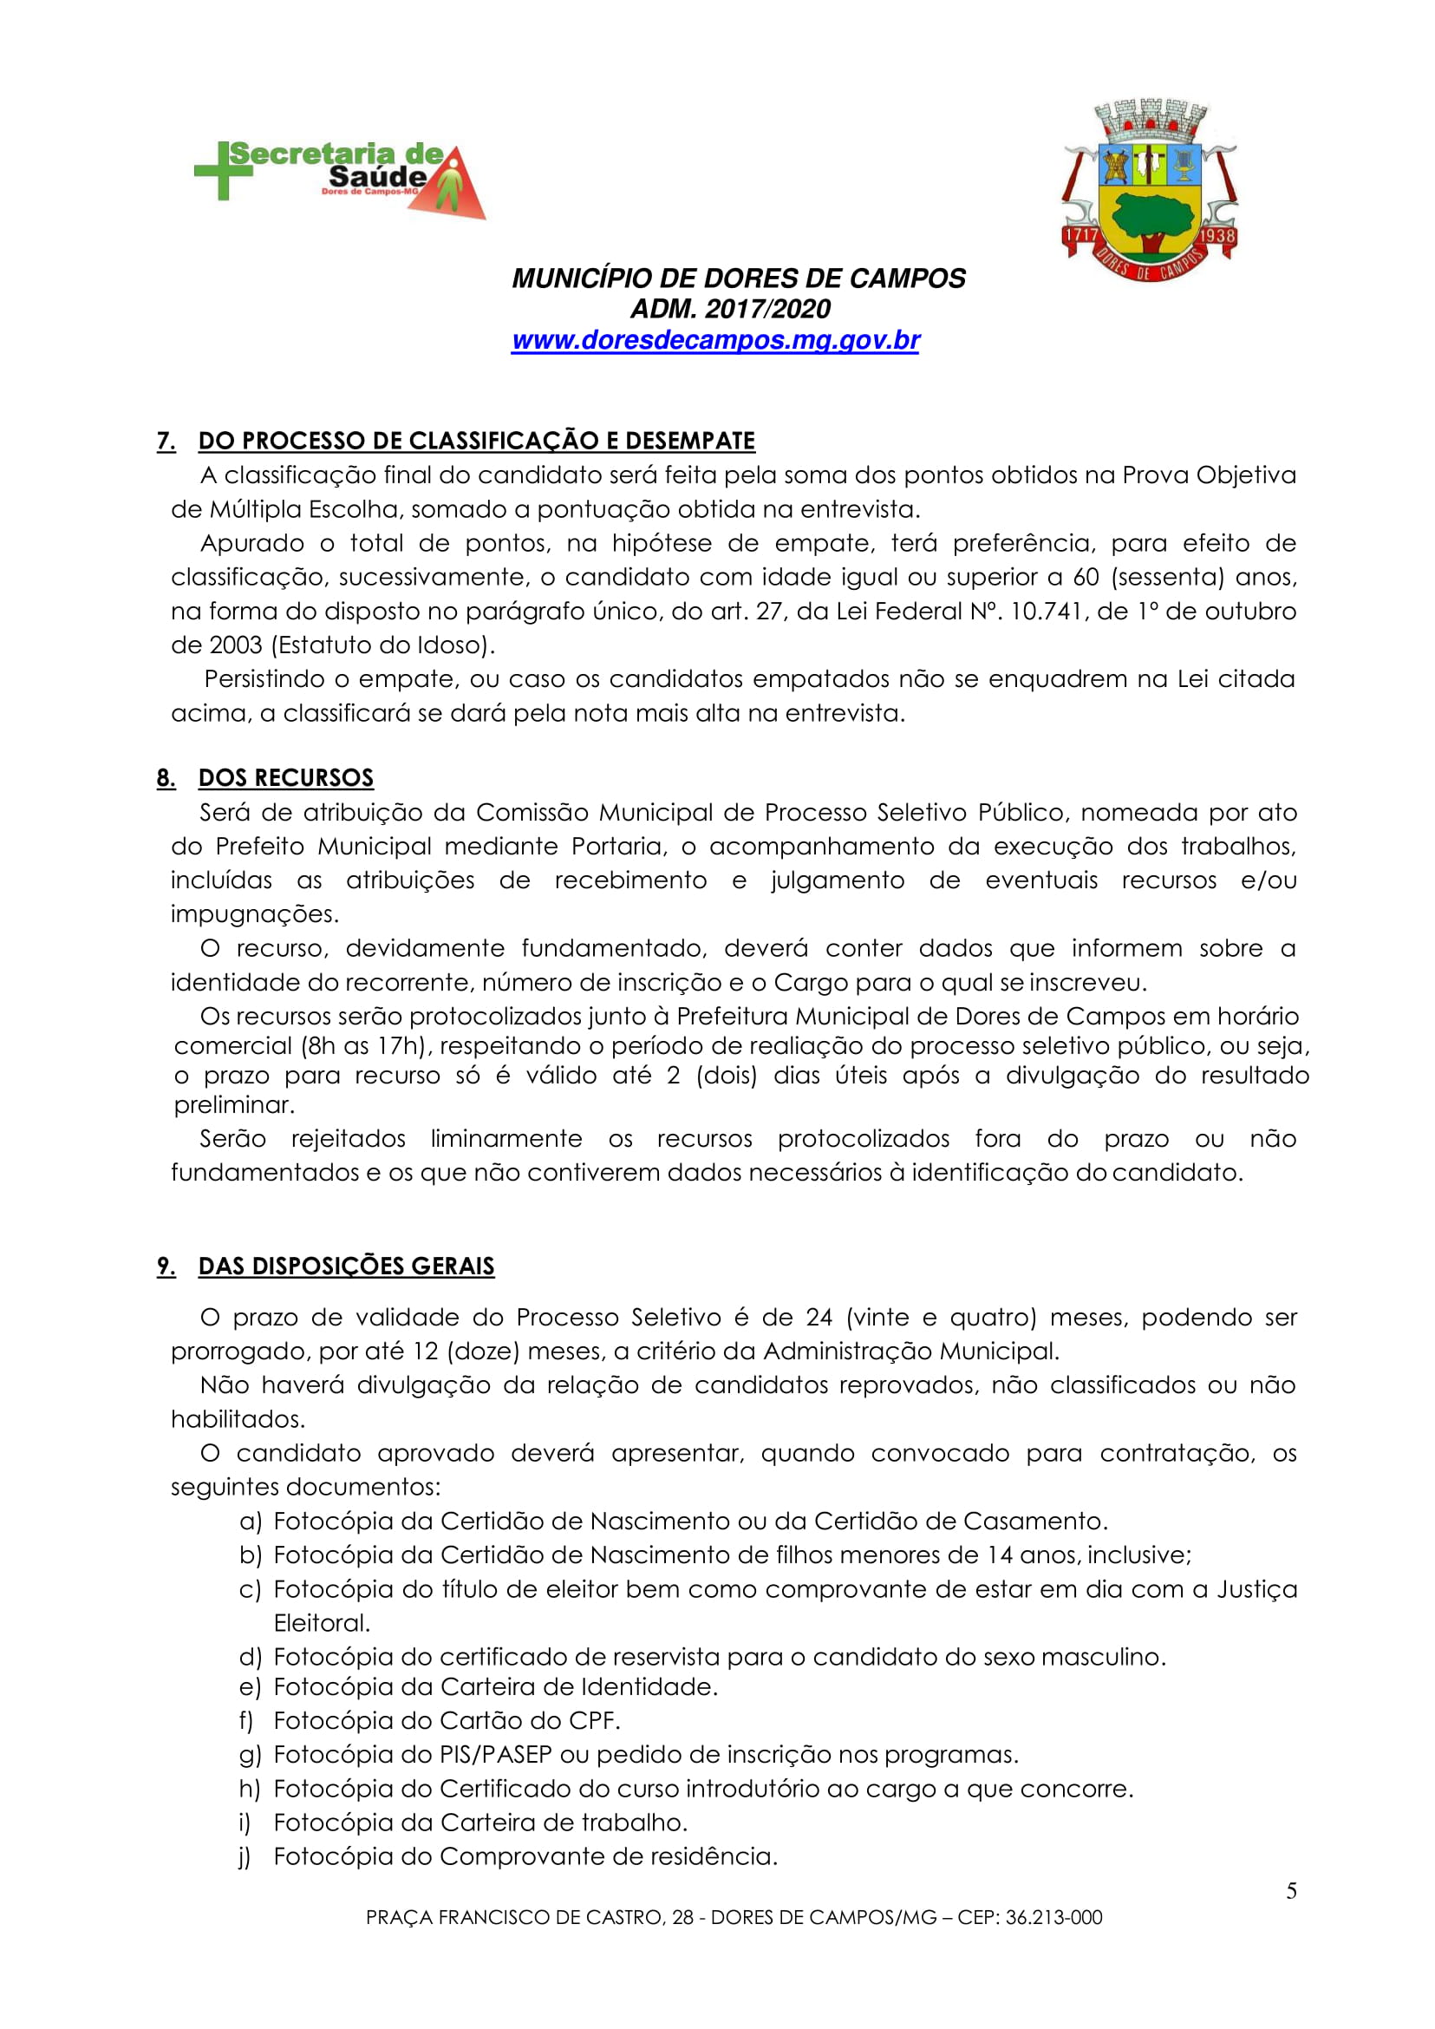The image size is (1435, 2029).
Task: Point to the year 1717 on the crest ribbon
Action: (x=1080, y=237)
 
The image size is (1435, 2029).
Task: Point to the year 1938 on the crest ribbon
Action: (x=1216, y=237)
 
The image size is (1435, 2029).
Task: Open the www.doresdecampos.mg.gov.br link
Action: (x=715, y=340)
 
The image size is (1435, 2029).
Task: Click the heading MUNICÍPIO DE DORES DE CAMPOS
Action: (x=739, y=278)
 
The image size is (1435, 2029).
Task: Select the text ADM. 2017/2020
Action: (x=730, y=310)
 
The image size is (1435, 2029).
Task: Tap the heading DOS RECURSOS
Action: (x=285, y=778)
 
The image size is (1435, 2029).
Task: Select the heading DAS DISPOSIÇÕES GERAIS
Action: (x=345, y=1266)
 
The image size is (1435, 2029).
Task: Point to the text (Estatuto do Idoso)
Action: (x=382, y=645)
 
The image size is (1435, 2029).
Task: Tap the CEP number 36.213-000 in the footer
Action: (x=1053, y=1918)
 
